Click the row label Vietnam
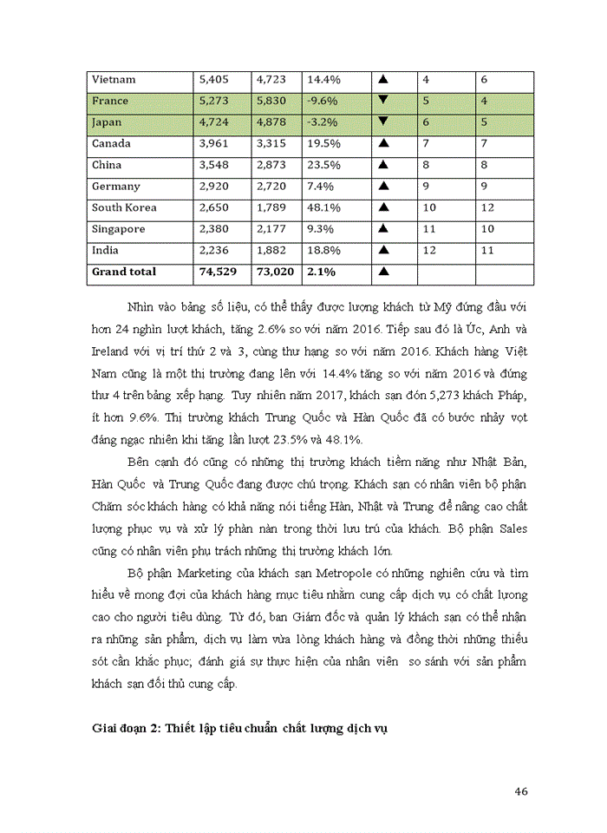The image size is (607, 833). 114,80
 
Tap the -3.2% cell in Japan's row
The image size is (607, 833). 320,122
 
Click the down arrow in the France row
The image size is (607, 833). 382,101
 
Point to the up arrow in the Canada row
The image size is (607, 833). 382,143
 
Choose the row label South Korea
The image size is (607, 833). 124,207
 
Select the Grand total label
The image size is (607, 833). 124,272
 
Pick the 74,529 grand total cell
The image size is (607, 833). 217,272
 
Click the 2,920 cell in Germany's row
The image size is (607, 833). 213,186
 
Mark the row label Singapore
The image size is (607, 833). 119,229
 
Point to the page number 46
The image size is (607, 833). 521,790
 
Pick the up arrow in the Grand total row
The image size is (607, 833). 382,272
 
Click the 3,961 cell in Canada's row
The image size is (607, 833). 213,143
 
